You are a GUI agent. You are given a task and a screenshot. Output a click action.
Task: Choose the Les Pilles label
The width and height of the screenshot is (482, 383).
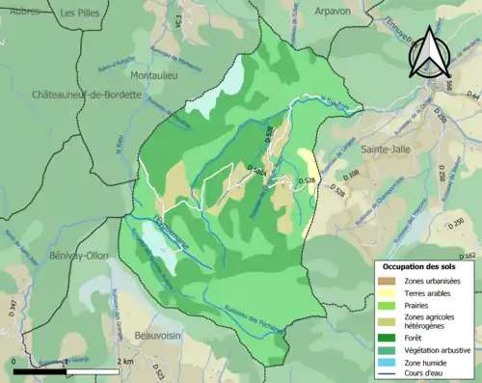click(81, 13)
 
